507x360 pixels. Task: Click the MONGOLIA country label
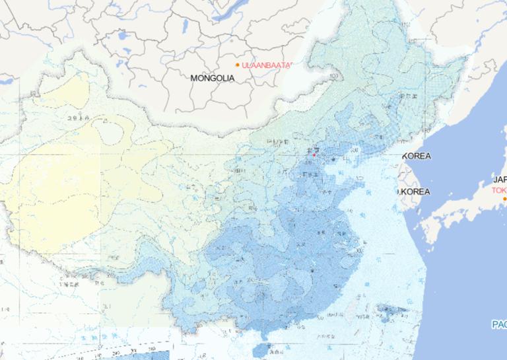click(212, 78)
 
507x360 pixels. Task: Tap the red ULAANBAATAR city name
click(266, 65)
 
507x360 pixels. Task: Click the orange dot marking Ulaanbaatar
click(238, 65)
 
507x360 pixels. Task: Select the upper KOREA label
click(417, 157)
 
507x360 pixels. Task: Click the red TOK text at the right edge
click(498, 190)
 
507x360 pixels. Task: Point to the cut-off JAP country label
click(499, 179)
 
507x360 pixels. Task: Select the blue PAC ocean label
click(498, 324)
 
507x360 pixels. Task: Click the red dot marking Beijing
click(314, 155)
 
